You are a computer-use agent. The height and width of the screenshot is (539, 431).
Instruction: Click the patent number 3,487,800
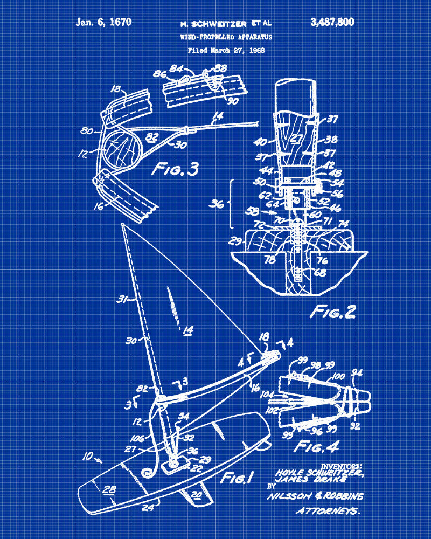click(x=332, y=22)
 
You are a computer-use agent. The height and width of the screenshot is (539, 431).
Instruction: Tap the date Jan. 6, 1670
click(x=103, y=22)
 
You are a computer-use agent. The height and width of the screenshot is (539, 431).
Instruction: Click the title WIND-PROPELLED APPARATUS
click(x=226, y=37)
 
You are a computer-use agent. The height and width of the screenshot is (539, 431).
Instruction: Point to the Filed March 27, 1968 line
click(x=226, y=51)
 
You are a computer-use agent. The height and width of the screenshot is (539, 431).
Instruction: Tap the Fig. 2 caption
click(x=333, y=312)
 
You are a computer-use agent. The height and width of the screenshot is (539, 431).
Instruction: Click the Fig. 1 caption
click(x=237, y=477)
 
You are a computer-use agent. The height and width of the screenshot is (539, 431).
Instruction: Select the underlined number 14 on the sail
click(x=187, y=330)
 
